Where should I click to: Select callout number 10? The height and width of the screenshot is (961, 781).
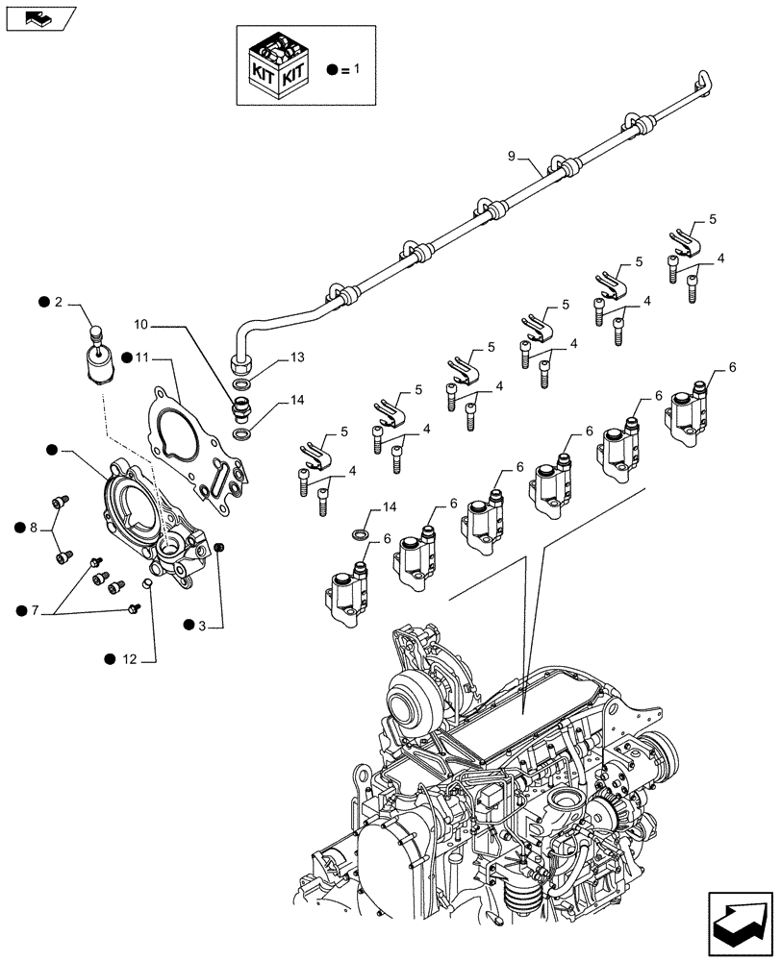[140, 324]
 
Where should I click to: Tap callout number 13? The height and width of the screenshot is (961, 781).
[271, 357]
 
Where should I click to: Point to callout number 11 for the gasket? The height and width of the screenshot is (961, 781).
[141, 357]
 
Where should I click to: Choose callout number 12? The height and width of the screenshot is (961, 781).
[130, 658]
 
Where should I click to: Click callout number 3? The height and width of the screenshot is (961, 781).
[203, 625]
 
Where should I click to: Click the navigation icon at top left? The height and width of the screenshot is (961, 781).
[38, 17]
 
